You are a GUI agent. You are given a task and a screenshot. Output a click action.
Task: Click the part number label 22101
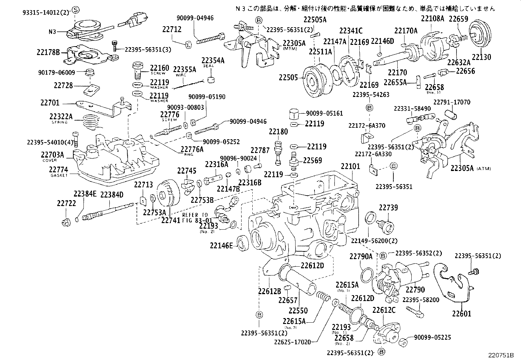coord(350,166)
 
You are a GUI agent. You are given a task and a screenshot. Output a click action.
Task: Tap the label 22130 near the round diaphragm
coord(482,57)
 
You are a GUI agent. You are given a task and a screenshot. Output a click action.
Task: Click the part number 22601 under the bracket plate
coord(461,313)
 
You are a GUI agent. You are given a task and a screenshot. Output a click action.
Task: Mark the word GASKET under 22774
coord(59,176)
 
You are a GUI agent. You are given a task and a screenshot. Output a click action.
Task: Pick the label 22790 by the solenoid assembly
coord(415,290)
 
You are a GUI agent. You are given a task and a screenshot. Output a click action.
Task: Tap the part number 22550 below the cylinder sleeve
coord(298,310)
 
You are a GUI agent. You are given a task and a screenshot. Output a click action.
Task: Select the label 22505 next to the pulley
coord(288,78)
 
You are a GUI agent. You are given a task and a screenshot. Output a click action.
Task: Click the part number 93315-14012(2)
coord(46,12)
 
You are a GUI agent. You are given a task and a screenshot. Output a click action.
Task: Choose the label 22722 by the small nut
coord(66,203)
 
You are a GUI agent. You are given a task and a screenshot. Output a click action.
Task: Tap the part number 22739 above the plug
coord(388,208)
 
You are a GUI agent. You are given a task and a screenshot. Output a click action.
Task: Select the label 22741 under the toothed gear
coord(171,220)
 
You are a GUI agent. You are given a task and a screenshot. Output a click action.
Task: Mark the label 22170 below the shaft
coord(397,72)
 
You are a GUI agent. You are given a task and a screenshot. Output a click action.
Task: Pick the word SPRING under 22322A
coord(60,122)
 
